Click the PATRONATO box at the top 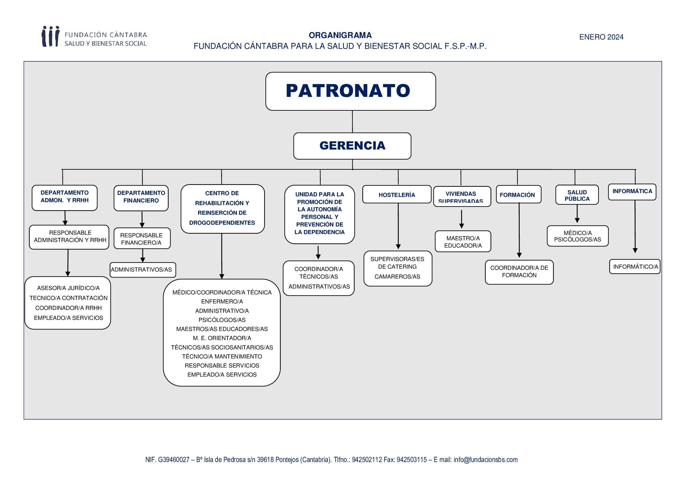(x=351, y=91)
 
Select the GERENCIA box (x=352, y=146)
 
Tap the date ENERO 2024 (x=601, y=37)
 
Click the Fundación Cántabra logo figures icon (x=50, y=36)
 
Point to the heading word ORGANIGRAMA (x=340, y=35)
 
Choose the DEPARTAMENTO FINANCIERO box (x=141, y=198)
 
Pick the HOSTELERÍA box (x=397, y=194)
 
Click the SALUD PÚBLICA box (x=577, y=195)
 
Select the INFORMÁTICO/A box (x=635, y=267)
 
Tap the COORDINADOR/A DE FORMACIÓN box (x=519, y=272)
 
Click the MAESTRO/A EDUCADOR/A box (x=463, y=241)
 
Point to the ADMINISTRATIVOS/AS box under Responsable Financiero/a (x=143, y=270)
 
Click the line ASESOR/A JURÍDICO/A (x=68, y=288)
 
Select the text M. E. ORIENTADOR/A (x=222, y=338)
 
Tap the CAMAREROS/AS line (x=397, y=277)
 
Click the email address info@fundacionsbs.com (x=486, y=459)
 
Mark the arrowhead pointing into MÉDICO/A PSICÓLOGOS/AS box (x=577, y=221)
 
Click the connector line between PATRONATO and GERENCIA (x=352, y=122)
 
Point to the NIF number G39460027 (x=174, y=459)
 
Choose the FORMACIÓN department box (x=519, y=194)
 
